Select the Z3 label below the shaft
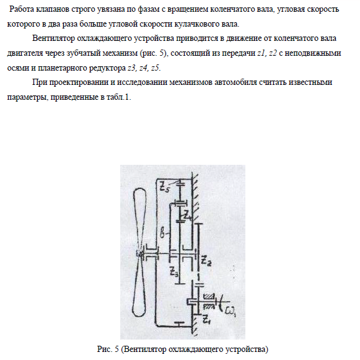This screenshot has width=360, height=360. coord(173,271)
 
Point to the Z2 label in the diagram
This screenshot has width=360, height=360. coord(206,261)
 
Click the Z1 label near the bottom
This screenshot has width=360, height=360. coord(206,319)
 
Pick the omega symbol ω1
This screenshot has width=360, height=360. coord(230,311)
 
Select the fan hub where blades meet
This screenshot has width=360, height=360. coord(139,254)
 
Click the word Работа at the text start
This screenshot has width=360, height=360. coord(22,9)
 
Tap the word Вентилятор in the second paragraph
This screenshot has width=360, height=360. coord(53,38)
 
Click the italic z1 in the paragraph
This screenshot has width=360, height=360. coord(261,53)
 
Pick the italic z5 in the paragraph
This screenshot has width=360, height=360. coord(155,68)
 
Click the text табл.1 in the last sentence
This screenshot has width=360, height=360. coord(119,97)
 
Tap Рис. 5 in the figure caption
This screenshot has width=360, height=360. coord(108,349)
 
